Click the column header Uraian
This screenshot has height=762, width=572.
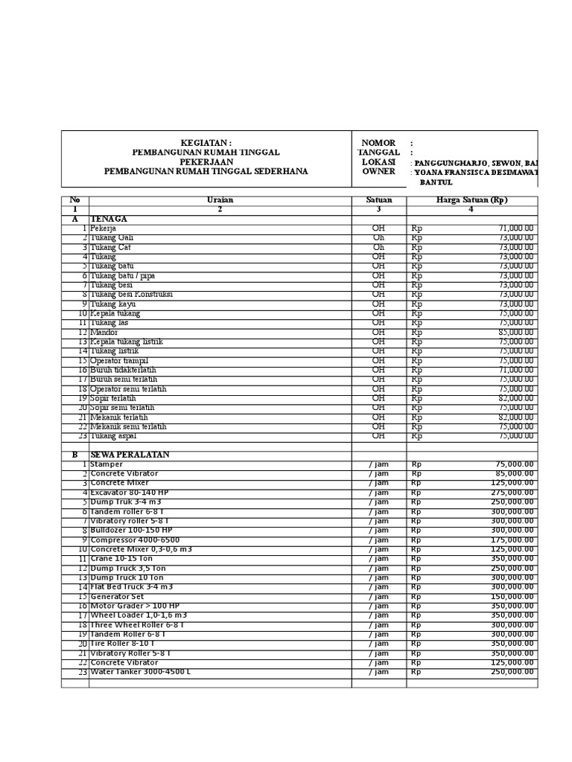click(220, 200)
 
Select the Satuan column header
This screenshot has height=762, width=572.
click(378, 200)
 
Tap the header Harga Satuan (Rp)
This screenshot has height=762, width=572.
click(471, 200)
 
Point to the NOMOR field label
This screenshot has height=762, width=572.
click(378, 143)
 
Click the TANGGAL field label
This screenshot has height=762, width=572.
click(378, 153)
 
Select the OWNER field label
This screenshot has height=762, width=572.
click(378, 171)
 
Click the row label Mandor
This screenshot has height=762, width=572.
click(104, 332)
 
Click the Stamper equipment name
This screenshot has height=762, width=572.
click(107, 464)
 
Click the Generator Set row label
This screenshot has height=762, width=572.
click(118, 596)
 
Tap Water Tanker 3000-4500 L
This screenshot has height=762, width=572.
click(140, 672)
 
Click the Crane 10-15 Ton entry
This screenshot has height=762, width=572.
click(121, 558)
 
